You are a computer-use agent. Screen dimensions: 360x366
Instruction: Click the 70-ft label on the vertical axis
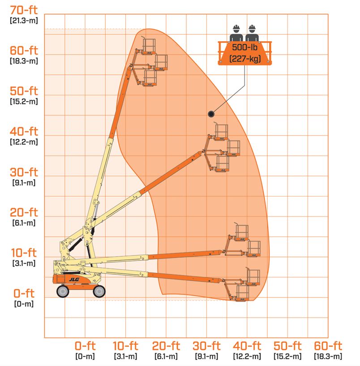coord(24,10)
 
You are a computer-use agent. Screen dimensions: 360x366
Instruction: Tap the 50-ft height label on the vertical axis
coord(24,91)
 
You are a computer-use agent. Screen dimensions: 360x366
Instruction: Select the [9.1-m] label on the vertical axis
coord(24,183)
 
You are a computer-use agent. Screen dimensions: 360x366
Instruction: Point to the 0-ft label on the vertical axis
coord(24,293)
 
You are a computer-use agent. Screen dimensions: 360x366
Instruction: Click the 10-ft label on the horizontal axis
coord(125,346)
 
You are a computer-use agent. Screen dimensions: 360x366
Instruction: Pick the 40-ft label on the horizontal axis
coord(247,346)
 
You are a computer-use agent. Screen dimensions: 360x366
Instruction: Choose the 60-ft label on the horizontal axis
coord(328,346)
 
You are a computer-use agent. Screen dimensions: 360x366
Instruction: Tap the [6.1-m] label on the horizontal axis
coord(166,357)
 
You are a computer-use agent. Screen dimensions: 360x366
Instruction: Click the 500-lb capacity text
coord(244,47)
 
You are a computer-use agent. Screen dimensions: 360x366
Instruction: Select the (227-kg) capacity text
coord(245,58)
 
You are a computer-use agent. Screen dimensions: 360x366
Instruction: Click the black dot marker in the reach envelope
coord(211,114)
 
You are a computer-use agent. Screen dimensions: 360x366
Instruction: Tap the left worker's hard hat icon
coord(236,29)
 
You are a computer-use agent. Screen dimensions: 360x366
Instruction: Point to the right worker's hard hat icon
coord(252,29)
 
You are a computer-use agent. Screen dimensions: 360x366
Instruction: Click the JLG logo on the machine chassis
coord(74,279)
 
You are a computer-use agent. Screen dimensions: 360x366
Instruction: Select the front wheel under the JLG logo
coord(63,291)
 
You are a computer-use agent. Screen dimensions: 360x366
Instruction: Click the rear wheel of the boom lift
coord(99,291)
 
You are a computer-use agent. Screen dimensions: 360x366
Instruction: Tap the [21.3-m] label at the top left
coord(24,21)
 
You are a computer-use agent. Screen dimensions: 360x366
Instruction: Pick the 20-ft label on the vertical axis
coord(24,213)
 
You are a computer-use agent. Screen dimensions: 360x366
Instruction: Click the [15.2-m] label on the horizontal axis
coord(287,357)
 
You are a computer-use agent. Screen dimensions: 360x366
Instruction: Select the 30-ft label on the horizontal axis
coord(206,346)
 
